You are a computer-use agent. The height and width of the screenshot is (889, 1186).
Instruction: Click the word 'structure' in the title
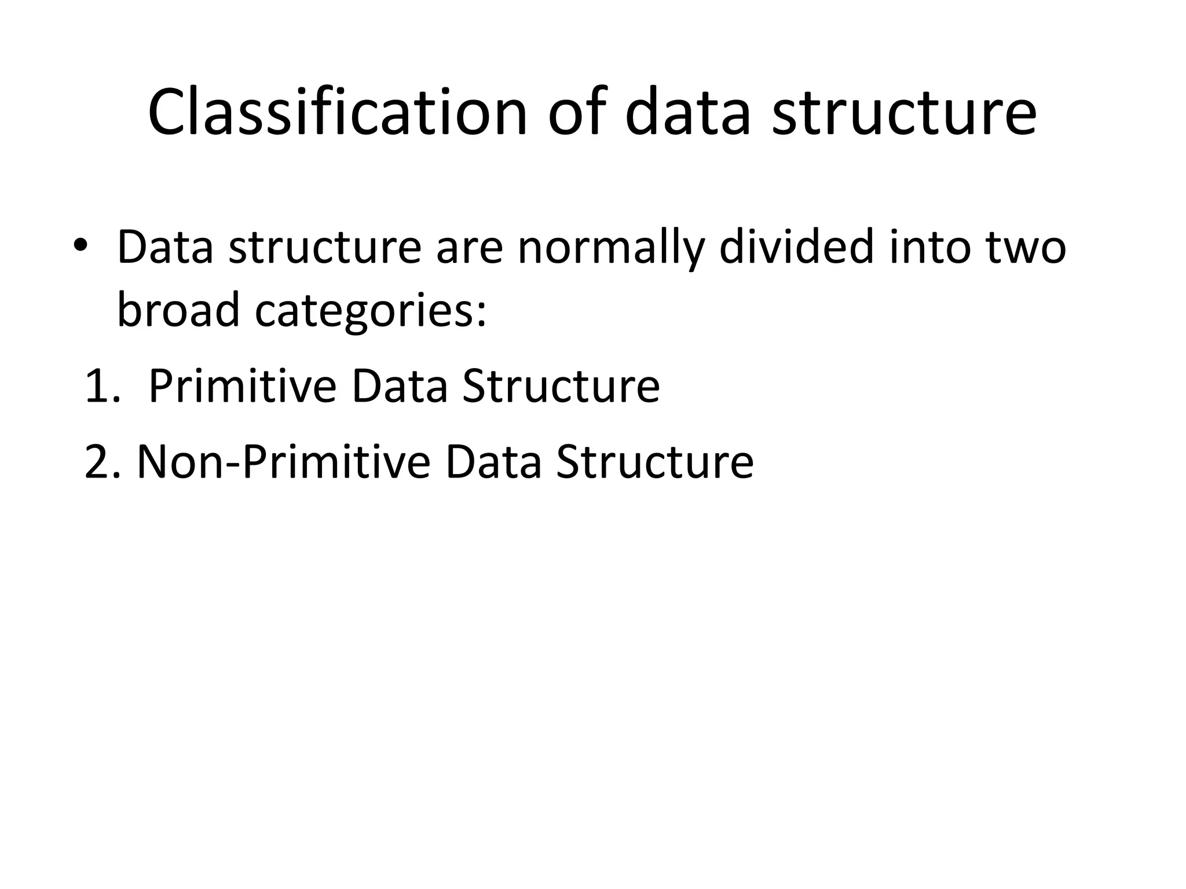point(904,113)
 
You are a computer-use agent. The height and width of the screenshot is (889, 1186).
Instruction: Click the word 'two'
point(1026,248)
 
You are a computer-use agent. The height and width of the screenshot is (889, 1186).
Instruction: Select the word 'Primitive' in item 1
point(243,386)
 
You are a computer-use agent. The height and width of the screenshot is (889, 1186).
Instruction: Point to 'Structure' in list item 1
point(561,386)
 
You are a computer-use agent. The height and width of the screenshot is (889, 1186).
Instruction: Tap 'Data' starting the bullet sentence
point(165,247)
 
